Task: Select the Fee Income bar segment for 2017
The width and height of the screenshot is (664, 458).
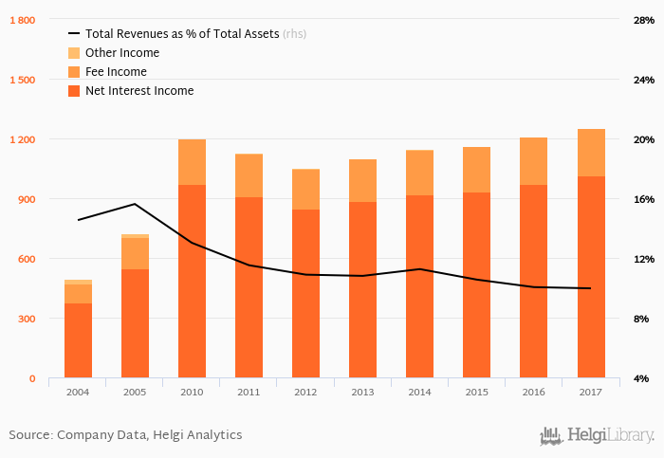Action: coord(590,153)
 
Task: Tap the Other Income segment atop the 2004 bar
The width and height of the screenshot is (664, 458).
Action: coord(78,282)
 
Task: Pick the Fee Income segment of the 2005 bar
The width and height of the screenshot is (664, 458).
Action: coord(135,253)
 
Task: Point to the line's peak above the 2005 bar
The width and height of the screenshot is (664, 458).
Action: coord(135,204)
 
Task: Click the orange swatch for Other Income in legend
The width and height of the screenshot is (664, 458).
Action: coord(74,53)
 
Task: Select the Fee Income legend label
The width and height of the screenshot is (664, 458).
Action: coord(116,72)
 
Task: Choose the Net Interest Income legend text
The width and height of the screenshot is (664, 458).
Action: coord(138,91)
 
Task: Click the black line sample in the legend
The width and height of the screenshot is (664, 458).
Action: coord(74,34)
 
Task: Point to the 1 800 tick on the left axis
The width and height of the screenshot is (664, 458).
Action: coord(21,20)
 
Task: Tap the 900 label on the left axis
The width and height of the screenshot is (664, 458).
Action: coord(26,199)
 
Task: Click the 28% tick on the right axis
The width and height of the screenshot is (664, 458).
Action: coord(644,20)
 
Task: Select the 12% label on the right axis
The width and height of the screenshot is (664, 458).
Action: coord(644,259)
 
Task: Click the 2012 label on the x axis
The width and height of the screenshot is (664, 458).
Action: coord(305,391)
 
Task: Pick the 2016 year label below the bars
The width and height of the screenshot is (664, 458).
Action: coord(533,391)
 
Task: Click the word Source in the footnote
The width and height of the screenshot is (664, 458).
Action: coord(29,435)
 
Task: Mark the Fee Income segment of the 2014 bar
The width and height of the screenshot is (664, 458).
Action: coord(419,173)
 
